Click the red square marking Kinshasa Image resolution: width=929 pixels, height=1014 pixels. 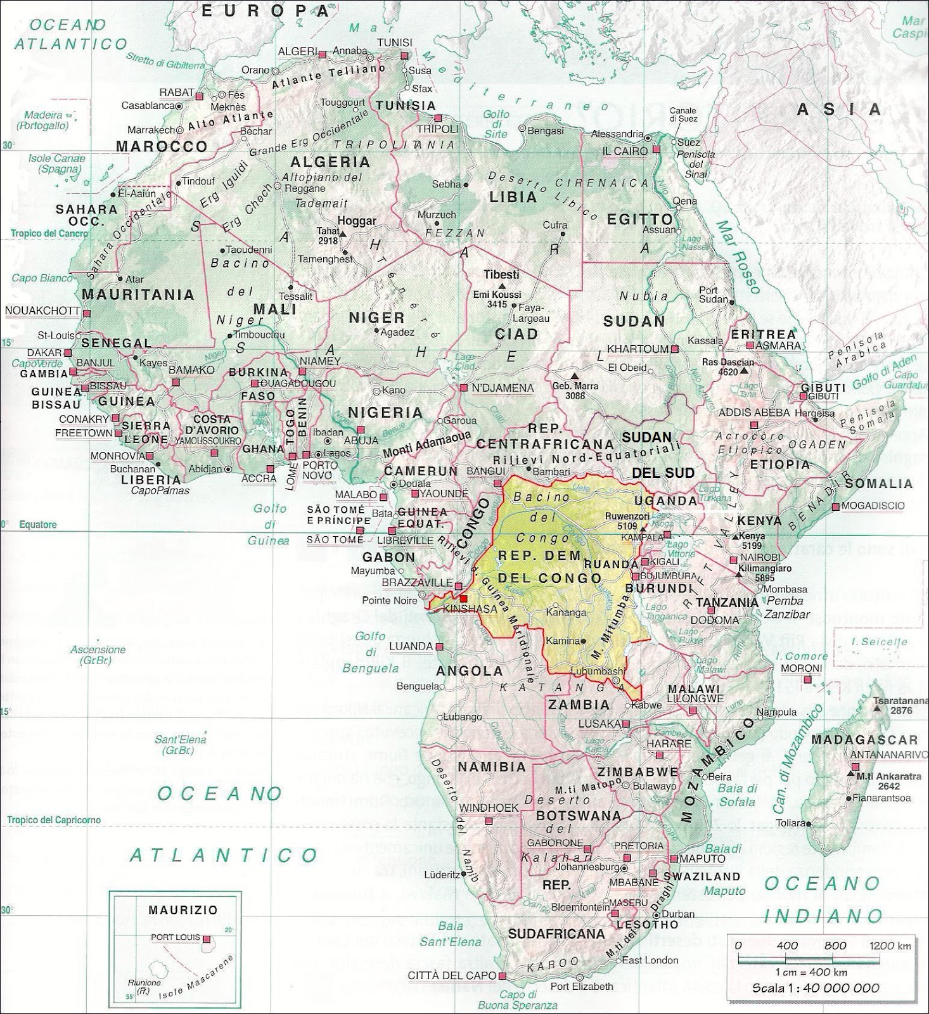[x=463, y=598]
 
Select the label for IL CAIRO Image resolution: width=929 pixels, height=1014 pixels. [x=625, y=151]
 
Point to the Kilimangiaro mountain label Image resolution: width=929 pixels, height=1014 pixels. [x=765, y=569]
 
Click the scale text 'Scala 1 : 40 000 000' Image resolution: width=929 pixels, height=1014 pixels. [x=816, y=988]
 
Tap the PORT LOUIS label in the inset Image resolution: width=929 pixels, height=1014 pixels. [x=176, y=937]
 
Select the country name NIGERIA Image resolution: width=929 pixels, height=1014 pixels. [x=385, y=413]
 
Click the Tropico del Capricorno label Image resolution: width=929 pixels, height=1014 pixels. [x=54, y=820]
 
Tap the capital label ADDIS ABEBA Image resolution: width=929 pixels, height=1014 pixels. [x=754, y=413]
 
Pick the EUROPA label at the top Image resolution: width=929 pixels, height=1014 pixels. [x=266, y=10]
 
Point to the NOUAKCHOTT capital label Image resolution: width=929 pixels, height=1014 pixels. [x=42, y=311]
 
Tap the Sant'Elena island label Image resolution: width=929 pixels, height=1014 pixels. [x=181, y=740]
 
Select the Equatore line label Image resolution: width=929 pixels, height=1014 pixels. [x=37, y=525]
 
